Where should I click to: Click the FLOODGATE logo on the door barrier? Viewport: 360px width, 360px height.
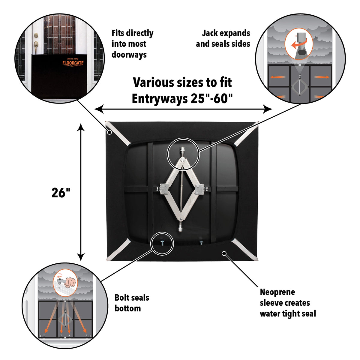point(73,63)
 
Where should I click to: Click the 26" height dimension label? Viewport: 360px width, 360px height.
point(61,193)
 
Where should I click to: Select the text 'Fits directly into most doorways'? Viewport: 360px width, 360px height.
point(132,44)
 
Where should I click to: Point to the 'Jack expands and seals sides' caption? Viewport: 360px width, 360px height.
point(223,38)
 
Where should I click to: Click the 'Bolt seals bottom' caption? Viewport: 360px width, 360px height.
point(132,303)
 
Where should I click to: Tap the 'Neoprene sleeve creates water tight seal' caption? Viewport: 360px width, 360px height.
point(288,303)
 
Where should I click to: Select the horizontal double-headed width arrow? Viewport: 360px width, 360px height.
point(183,109)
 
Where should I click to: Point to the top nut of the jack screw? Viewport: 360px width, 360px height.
point(182,149)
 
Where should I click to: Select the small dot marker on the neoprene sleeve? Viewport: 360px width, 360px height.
point(224,253)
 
